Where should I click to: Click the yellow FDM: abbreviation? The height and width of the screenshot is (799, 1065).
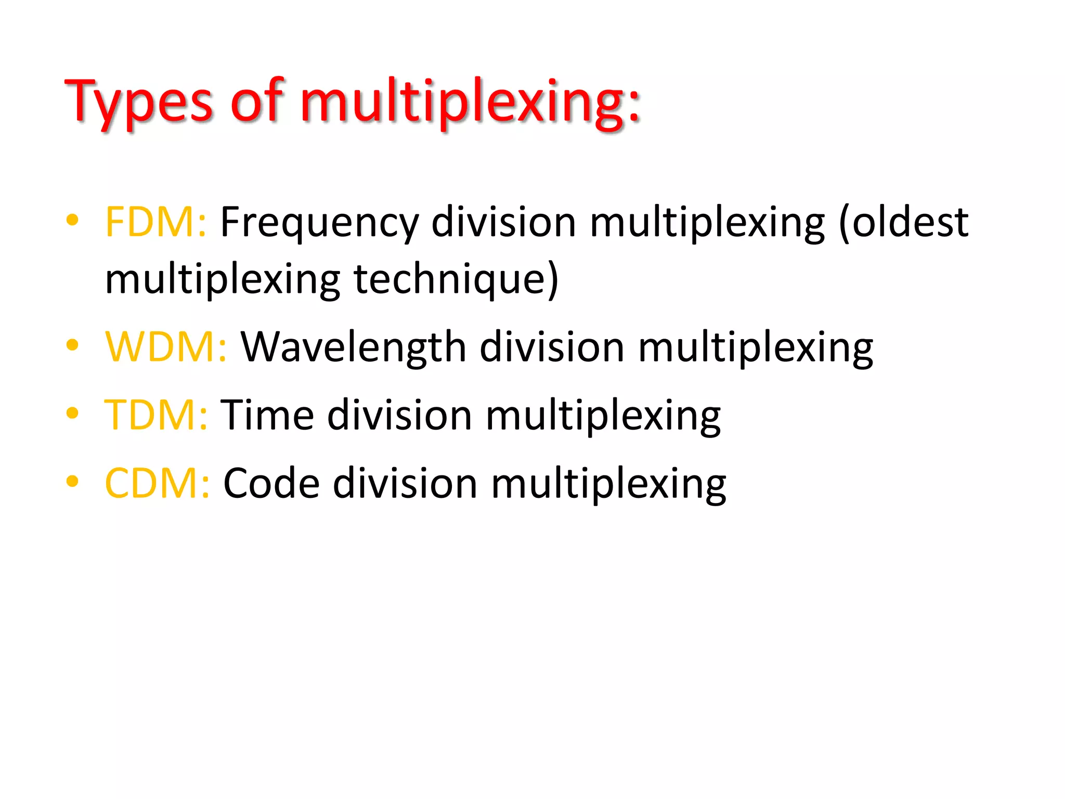(x=155, y=222)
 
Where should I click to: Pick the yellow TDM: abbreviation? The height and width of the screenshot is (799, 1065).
(x=156, y=415)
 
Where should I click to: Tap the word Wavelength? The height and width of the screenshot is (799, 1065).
(x=353, y=347)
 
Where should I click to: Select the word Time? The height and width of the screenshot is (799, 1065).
(x=267, y=415)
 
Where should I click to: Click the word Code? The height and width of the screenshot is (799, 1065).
(x=271, y=483)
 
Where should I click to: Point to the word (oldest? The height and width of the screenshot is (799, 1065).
(x=903, y=223)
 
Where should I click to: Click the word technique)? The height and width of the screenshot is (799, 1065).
(x=456, y=280)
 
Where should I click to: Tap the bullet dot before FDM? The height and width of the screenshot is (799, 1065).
(x=72, y=220)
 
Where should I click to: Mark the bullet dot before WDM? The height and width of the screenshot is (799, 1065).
(x=72, y=344)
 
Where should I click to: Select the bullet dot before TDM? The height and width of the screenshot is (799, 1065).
(x=72, y=413)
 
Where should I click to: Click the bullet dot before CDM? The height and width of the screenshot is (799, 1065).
(x=72, y=481)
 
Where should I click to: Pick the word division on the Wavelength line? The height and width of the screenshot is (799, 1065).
(x=551, y=347)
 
